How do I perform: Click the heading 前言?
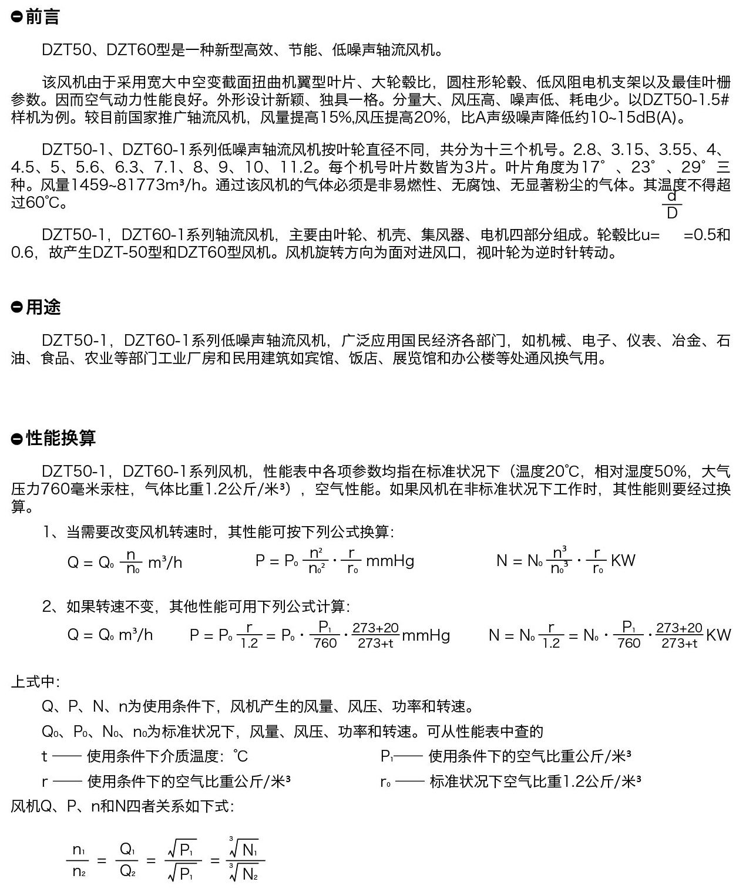(42, 17)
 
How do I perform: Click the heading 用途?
(43, 307)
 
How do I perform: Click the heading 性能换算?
(61, 437)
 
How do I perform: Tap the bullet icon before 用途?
(16, 307)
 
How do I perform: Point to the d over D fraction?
(672, 204)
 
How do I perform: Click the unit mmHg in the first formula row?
(390, 561)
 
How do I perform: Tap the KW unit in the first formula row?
(623, 560)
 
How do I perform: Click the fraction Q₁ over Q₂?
(128, 861)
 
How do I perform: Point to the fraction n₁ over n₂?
(79, 861)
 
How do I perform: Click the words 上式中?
(35, 682)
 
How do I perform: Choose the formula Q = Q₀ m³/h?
(110, 635)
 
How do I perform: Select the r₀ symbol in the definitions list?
(385, 782)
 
